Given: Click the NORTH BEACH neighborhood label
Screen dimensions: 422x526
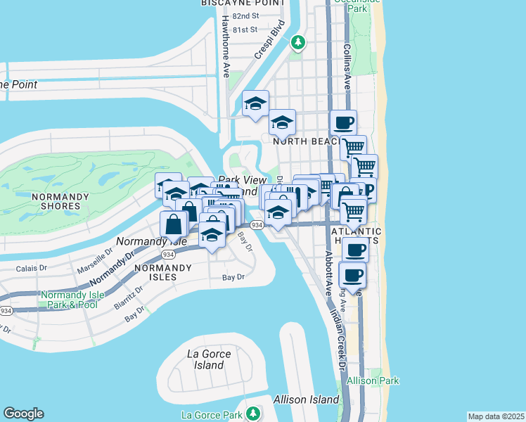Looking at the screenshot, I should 307,141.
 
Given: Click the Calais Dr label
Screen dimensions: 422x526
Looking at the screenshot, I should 32,268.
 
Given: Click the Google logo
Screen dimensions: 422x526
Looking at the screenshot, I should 23,414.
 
